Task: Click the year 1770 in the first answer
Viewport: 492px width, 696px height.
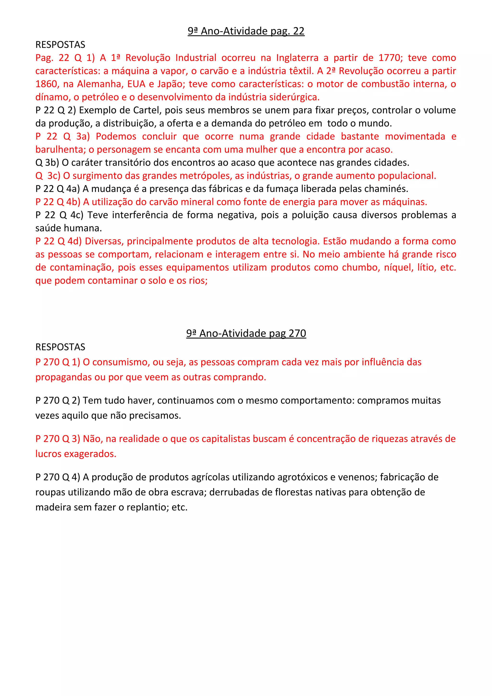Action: pos(389,58)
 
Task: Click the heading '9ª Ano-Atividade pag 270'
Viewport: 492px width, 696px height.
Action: pos(246,333)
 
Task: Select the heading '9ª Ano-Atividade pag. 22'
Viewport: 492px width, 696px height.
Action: pos(246,31)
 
